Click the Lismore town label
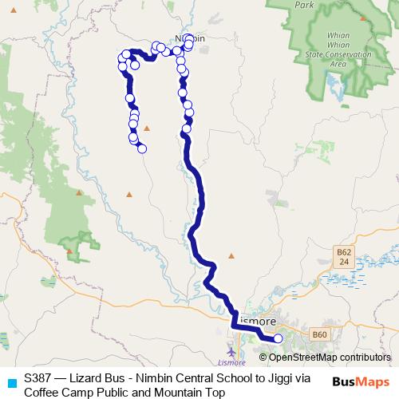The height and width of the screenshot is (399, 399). pyautogui.click(x=257, y=321)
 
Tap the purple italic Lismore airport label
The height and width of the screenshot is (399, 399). pyautogui.click(x=231, y=364)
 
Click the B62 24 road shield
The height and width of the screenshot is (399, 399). pyautogui.click(x=342, y=257)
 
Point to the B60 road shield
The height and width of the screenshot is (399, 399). pyautogui.click(x=319, y=334)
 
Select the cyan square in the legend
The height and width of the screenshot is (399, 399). pyautogui.click(x=11, y=381)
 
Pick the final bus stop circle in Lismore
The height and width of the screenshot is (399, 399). pyautogui.click(x=278, y=339)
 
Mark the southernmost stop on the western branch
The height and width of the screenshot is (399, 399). pyautogui.click(x=142, y=148)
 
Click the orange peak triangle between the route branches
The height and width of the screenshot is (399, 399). pyautogui.click(x=146, y=128)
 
